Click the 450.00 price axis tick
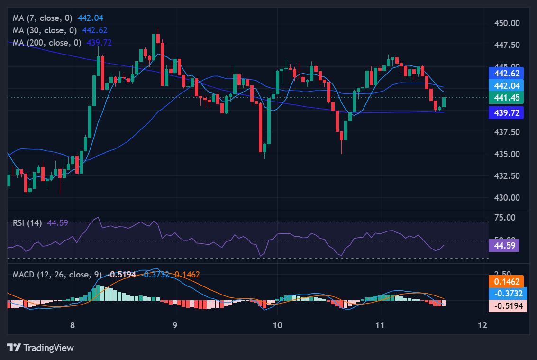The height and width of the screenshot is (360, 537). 507,23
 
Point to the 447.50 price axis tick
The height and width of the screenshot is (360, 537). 507,45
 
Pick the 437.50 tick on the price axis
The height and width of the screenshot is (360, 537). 507,132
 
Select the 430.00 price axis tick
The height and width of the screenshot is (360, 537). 507,198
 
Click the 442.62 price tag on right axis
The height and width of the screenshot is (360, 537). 506,73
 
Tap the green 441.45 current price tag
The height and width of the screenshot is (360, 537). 506,98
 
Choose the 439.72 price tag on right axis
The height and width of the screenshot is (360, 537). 506,112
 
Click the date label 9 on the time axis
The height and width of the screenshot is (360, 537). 175,325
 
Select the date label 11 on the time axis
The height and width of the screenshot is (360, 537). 380,325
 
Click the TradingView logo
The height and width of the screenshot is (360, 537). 41,348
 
